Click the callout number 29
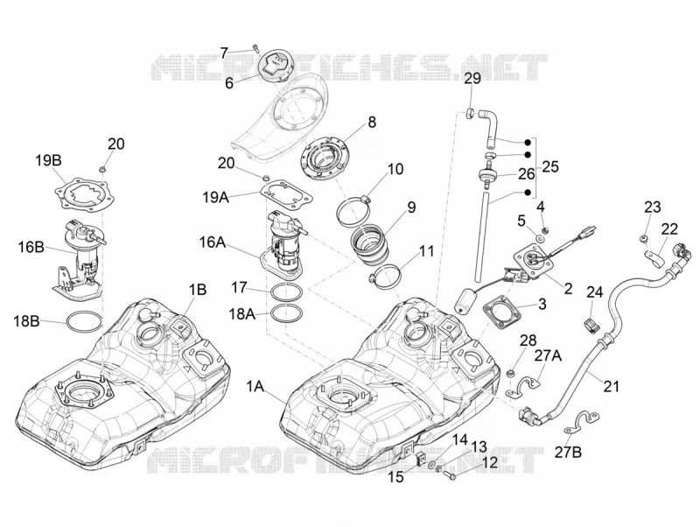(x=472, y=79)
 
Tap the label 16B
(x=31, y=247)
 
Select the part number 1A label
(x=255, y=387)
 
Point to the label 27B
(x=568, y=453)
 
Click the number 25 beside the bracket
(x=550, y=166)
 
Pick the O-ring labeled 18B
(x=84, y=322)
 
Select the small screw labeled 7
(x=255, y=47)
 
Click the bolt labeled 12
(x=450, y=476)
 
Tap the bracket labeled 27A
(x=524, y=387)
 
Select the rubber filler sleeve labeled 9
(x=370, y=247)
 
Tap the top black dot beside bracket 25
(x=528, y=142)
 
